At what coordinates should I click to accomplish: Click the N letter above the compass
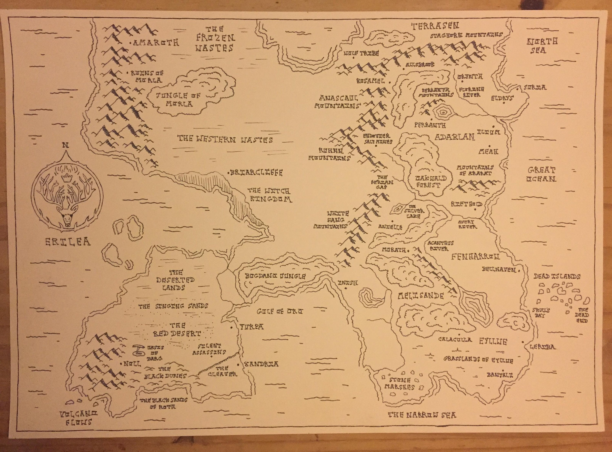click(65, 146)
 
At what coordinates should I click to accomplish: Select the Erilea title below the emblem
click(67, 242)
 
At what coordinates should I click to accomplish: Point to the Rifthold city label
click(466, 204)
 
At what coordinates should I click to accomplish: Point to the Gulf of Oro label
click(280, 311)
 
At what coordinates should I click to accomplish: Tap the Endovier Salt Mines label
click(378, 139)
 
